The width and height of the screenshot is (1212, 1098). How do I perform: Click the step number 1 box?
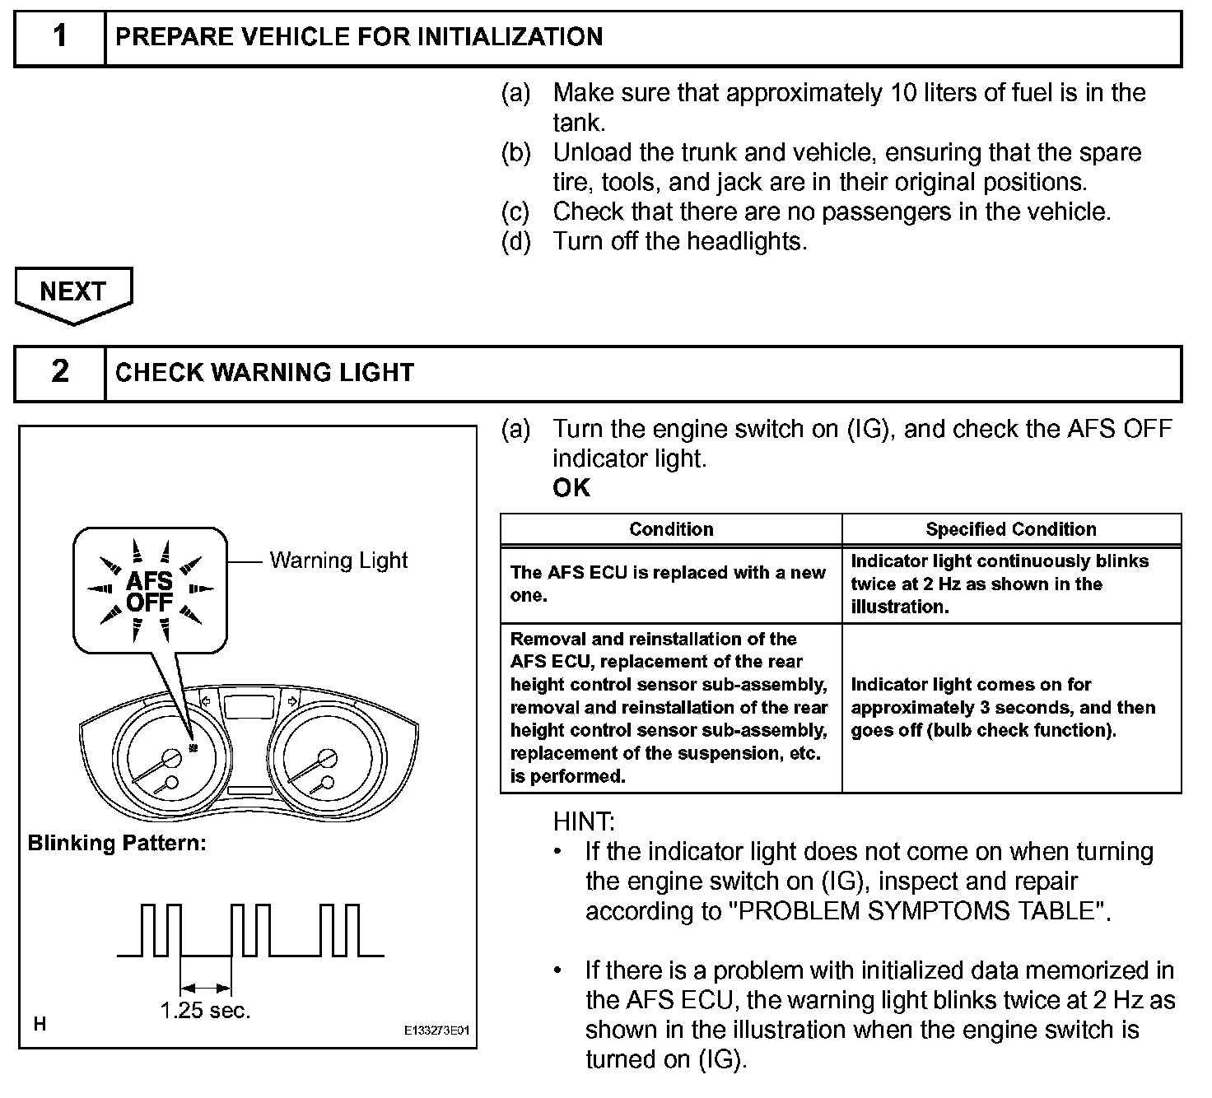[60, 37]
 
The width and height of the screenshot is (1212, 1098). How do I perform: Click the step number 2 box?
[60, 372]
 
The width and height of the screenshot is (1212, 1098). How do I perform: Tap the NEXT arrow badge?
[73, 293]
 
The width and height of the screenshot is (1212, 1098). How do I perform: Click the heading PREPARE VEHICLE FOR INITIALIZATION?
[359, 37]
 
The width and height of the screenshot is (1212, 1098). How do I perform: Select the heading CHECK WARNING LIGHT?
[264, 372]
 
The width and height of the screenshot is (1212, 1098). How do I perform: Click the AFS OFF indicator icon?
[150, 591]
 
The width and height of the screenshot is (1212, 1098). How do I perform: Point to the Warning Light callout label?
[338, 561]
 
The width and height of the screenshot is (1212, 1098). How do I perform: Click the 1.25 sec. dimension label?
[205, 1010]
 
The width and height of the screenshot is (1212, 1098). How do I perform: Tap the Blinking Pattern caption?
[117, 843]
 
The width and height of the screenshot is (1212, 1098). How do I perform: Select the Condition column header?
[671, 529]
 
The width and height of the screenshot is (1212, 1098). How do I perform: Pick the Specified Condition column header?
[1011, 529]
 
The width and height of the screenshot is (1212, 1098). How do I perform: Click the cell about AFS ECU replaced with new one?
[668, 584]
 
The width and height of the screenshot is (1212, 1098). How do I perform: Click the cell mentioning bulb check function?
[1003, 707]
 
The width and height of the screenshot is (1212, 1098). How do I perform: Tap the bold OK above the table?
[571, 488]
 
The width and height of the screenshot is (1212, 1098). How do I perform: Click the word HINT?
[584, 821]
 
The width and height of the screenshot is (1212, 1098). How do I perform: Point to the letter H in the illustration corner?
[40, 1024]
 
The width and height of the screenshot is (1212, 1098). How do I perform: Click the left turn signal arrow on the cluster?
[206, 701]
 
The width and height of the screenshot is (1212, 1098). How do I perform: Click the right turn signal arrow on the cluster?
[291, 701]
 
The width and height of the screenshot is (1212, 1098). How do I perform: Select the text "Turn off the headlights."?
[679, 241]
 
